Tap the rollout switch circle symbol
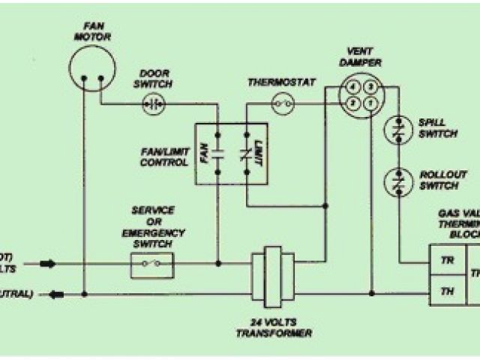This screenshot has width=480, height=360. coord(397,181)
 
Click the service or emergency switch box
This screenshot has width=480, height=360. coord(152,262)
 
